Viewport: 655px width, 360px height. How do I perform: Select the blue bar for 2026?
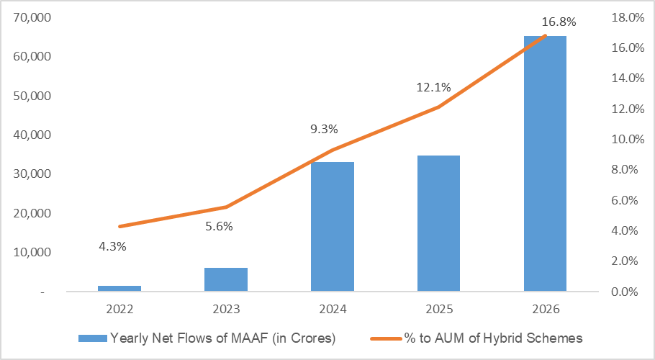[x=545, y=163]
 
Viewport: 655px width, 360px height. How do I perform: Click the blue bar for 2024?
[x=333, y=226]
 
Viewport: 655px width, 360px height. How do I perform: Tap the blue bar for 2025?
[x=438, y=223]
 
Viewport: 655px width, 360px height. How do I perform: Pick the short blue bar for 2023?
[x=226, y=279]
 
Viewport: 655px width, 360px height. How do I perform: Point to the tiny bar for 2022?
[x=119, y=288]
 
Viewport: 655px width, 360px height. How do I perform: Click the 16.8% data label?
[x=559, y=22]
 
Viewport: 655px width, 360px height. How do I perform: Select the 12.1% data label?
[x=433, y=87]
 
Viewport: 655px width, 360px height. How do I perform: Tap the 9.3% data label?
[x=324, y=129]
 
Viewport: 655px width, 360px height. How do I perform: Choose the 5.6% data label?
[x=219, y=226]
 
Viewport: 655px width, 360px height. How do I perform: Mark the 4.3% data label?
[x=112, y=246]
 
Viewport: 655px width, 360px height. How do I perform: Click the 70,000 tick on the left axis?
[x=32, y=17]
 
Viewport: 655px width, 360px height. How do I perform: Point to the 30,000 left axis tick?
[x=32, y=174]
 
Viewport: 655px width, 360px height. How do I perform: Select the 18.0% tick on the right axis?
[x=628, y=17]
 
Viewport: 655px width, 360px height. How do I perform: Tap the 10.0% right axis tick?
[x=628, y=139]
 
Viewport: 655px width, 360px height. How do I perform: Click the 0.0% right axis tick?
[x=625, y=292]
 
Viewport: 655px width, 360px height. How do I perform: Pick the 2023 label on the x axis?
[x=226, y=309]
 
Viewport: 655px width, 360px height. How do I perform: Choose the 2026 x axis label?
[x=546, y=309]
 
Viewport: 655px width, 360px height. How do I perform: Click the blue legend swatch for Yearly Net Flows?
[x=93, y=338]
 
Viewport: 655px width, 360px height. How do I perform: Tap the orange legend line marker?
[x=386, y=338]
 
